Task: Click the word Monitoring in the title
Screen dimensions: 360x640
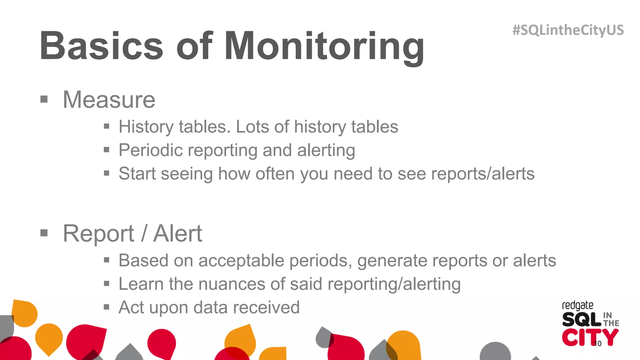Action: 324,46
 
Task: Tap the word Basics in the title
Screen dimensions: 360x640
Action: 101,46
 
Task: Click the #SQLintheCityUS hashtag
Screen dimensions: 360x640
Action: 568,30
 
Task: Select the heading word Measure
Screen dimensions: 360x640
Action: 109,100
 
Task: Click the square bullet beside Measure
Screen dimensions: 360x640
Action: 44,99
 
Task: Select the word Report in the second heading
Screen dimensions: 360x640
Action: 98,233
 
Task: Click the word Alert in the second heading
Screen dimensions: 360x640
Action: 177,233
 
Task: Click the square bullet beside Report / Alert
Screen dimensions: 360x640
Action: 44,233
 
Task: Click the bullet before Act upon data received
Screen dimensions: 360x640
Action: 107,307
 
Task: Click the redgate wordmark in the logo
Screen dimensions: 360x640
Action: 577,305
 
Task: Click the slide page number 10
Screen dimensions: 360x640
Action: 597,344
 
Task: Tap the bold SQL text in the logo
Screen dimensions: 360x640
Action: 582,319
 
